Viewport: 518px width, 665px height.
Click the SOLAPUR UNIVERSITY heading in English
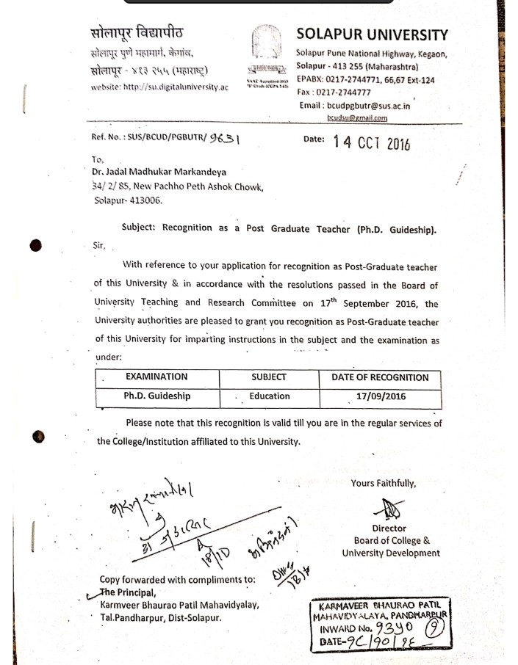[x=372, y=34]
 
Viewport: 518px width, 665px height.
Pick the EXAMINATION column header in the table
[x=156, y=377]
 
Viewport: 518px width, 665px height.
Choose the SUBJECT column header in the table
[x=268, y=377]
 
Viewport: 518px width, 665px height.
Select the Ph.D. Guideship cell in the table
[x=157, y=396]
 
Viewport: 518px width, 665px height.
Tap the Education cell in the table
[x=270, y=396]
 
